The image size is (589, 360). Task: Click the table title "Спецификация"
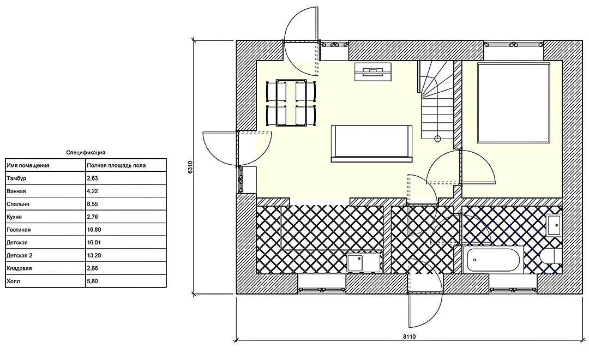tap(86, 153)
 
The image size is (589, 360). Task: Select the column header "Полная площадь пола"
tap(116, 165)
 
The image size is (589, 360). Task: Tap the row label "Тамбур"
tap(16, 178)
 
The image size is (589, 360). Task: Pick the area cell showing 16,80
tap(94, 230)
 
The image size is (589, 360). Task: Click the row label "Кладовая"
tap(19, 268)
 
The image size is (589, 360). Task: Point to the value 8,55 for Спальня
tap(92, 204)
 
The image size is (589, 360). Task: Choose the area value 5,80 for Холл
tap(92, 281)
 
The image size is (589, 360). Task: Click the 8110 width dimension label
tap(410, 337)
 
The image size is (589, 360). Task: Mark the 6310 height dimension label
tap(190, 167)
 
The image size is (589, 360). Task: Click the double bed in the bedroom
tap(514, 103)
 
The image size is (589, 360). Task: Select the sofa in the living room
tap(371, 143)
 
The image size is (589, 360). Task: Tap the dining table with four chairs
tap(291, 103)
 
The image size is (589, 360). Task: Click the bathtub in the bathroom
tap(493, 260)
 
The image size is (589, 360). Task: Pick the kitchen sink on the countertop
tap(355, 263)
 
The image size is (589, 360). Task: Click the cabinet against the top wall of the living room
tap(373, 71)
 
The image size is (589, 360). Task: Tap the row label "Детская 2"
tap(20, 255)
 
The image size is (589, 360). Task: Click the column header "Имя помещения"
tap(28, 165)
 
